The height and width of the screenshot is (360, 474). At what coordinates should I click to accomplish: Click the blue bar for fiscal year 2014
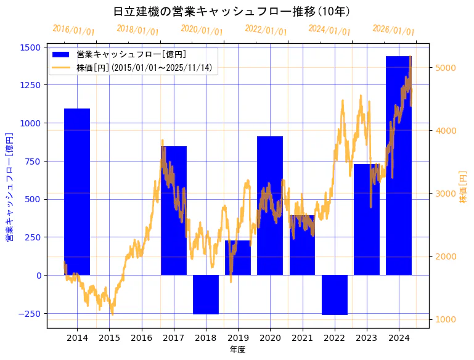(x=77, y=192)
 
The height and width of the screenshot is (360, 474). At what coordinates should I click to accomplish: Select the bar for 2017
(x=174, y=210)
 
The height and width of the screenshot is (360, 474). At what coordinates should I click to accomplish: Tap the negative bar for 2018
(x=206, y=295)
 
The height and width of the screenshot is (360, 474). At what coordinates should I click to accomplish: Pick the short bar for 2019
(x=238, y=258)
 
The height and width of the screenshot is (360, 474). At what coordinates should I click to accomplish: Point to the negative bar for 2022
(x=335, y=295)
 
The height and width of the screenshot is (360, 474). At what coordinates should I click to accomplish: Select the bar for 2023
(x=367, y=219)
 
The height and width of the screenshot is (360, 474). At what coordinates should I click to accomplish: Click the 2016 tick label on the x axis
(x=142, y=338)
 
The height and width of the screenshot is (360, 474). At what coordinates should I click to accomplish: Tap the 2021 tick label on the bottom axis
(x=302, y=338)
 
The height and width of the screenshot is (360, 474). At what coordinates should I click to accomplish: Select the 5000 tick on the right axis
(x=446, y=68)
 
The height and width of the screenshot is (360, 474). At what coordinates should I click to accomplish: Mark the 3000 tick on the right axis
(x=446, y=194)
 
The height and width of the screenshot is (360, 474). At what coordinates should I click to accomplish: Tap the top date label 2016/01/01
(x=73, y=30)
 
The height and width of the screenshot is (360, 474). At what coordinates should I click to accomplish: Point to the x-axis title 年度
(x=237, y=350)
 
